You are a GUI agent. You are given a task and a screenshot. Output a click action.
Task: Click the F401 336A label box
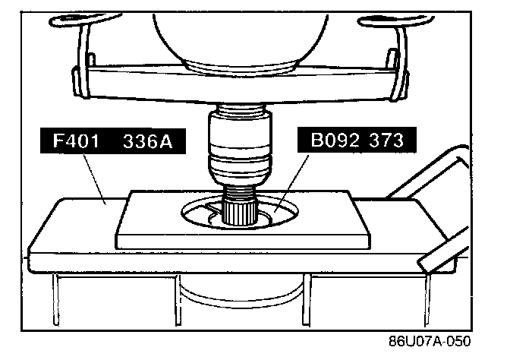(x=113, y=141)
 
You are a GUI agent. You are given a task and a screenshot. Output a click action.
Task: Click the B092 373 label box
(x=357, y=140)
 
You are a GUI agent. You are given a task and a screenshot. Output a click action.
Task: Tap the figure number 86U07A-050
(x=430, y=342)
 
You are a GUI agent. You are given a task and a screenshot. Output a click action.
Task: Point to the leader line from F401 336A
(x=94, y=179)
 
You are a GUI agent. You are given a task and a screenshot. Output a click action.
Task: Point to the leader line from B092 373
(x=291, y=183)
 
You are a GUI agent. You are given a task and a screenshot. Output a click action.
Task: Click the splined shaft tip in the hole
(x=239, y=213)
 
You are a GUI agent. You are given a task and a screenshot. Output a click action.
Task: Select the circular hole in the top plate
(x=240, y=213)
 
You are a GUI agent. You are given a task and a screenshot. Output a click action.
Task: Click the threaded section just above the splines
(x=240, y=194)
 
